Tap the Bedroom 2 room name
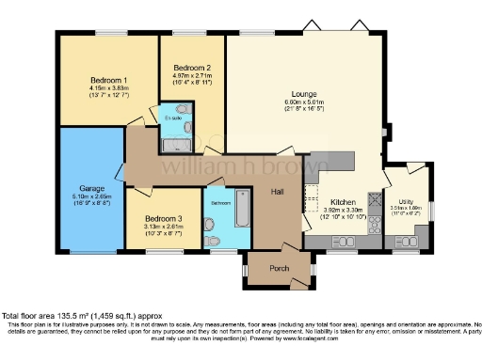[x=191, y=67]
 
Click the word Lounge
[x=303, y=93]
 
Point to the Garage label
[x=90, y=188]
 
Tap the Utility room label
[x=406, y=201]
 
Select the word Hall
[x=278, y=191]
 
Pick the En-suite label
[x=173, y=118]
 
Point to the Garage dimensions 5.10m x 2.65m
[x=90, y=196]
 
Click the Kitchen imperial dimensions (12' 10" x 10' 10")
[x=342, y=218]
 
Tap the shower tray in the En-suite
[x=171, y=145]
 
